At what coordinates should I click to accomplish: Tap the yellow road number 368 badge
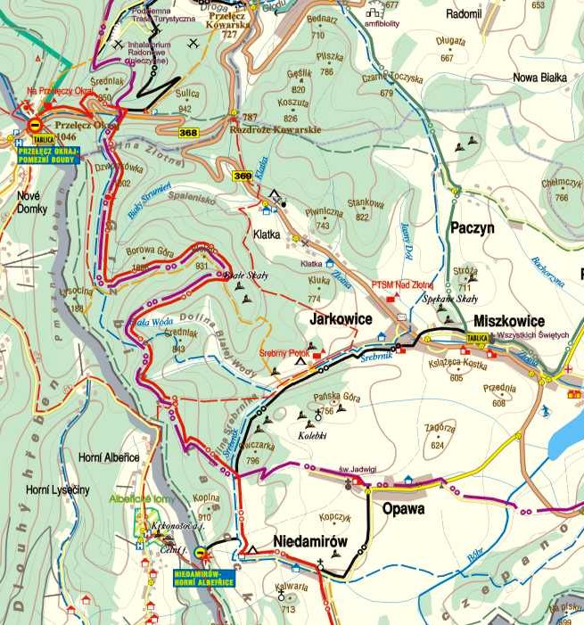pos(188,133)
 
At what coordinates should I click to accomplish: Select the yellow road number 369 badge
pos(243,177)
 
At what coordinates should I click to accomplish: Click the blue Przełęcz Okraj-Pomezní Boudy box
pos(49,154)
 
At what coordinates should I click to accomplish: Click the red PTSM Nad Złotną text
pos(402,285)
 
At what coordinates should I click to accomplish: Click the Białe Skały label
pos(246,275)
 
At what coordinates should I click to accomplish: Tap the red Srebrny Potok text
pos(284,353)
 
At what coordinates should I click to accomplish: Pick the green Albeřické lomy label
pos(143,499)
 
